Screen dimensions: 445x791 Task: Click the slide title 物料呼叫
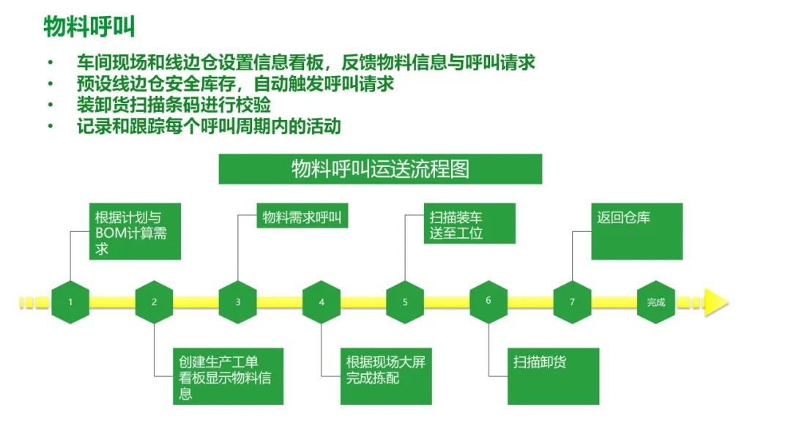click(x=89, y=27)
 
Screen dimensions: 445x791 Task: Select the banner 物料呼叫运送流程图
click(x=380, y=169)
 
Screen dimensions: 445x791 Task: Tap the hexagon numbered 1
click(x=71, y=302)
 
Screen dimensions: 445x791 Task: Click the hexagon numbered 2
click(x=155, y=302)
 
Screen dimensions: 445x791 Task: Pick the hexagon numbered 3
click(x=238, y=302)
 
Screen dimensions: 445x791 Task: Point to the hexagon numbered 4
click(x=322, y=302)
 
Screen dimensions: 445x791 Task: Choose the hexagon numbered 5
click(x=405, y=302)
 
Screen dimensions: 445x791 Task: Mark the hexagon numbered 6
click(x=489, y=301)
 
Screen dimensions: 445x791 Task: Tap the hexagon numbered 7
click(x=572, y=302)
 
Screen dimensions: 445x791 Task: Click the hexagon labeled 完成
click(x=656, y=302)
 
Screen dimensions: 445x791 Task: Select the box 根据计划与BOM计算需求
click(x=135, y=231)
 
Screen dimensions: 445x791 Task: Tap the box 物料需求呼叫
click(x=302, y=217)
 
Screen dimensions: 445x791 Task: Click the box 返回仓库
click(x=636, y=231)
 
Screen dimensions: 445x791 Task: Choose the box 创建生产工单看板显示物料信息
click(x=229, y=376)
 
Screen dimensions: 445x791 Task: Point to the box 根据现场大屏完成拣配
click(x=386, y=376)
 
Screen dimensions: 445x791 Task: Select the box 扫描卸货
click(x=553, y=376)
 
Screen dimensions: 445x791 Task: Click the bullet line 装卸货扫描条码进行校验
click(x=174, y=105)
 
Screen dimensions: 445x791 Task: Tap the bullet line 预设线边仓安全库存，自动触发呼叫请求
click(x=235, y=83)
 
